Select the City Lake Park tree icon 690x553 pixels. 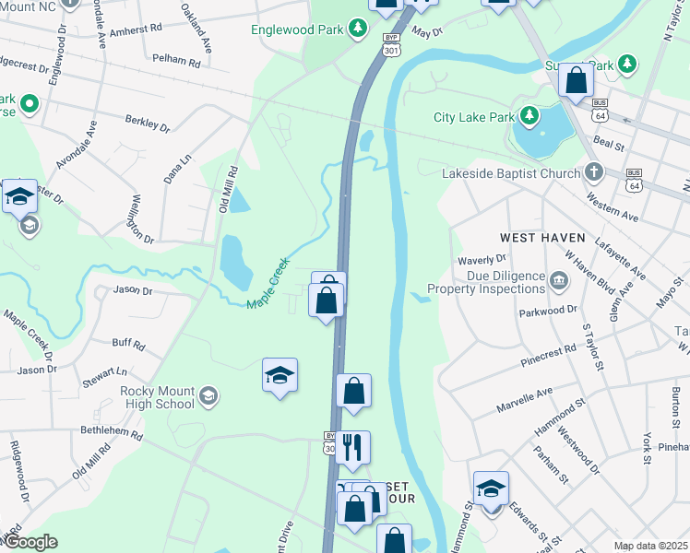529,117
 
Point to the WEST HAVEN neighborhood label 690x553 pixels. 543,237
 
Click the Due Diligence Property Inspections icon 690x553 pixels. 559,280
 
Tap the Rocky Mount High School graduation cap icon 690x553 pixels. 208,396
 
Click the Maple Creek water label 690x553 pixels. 268,284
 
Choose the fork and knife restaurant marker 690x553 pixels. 351,447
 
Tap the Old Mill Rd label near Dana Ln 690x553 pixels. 229,190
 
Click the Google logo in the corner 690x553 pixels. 30,542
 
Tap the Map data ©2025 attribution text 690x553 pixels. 649,546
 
